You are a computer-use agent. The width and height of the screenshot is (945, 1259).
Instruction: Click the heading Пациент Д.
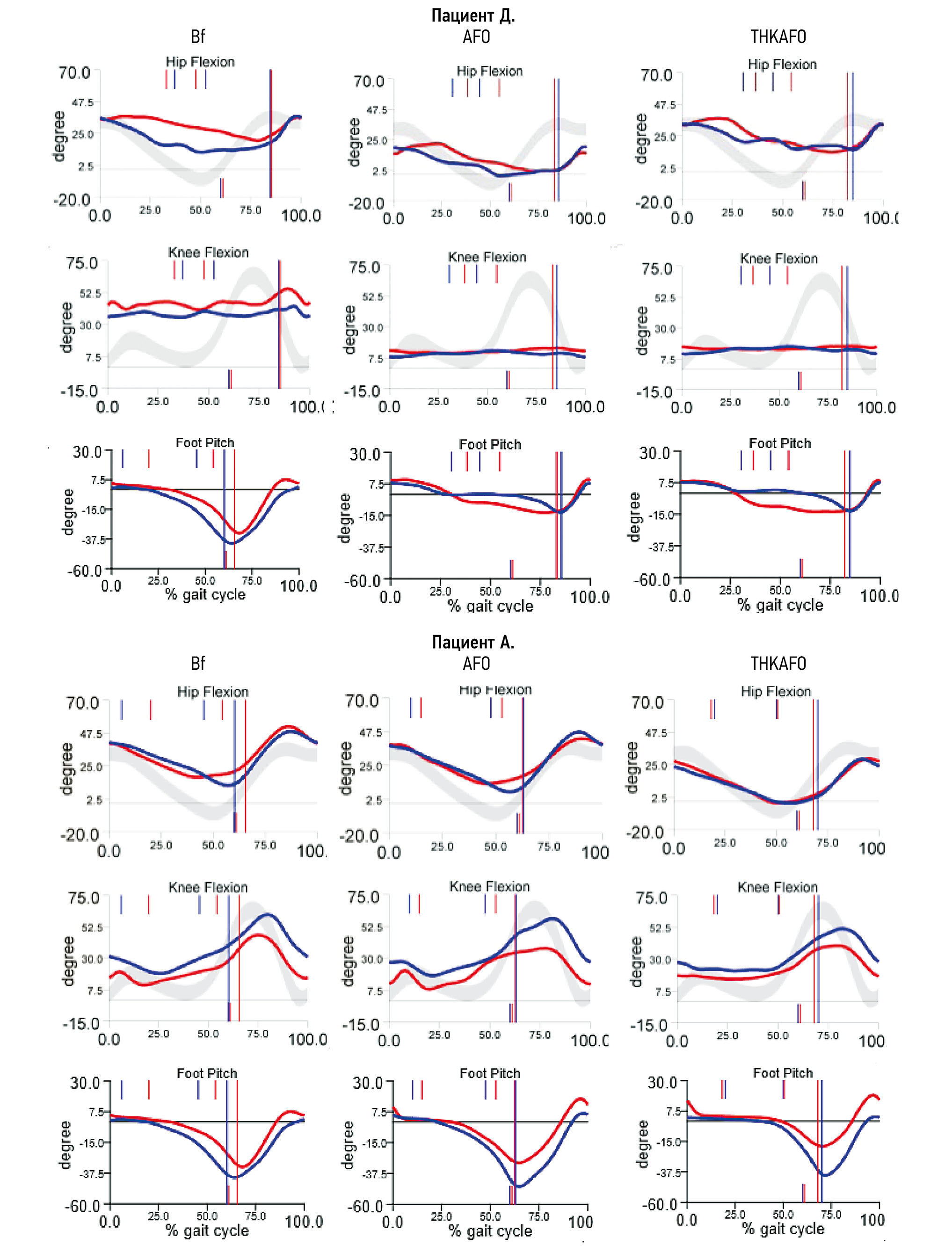(472, 15)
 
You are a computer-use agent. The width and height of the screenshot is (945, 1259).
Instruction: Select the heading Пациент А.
(472, 642)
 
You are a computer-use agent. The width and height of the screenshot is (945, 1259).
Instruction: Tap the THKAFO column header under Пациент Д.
(778, 37)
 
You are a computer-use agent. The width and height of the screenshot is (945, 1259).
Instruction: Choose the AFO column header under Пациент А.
(476, 664)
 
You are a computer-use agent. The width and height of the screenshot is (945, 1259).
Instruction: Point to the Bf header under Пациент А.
(197, 664)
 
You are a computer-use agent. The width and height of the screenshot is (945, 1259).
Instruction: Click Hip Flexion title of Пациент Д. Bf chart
(200, 62)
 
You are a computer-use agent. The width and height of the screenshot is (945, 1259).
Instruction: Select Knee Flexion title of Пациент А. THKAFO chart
(777, 887)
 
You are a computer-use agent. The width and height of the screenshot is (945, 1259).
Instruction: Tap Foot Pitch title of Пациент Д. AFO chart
(490, 444)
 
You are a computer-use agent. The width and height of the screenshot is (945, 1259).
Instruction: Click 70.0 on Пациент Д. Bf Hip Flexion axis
(74, 73)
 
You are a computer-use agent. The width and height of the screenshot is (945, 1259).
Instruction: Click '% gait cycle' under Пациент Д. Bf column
(205, 595)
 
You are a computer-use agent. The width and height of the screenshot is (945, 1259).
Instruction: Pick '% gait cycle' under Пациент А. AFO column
(490, 1230)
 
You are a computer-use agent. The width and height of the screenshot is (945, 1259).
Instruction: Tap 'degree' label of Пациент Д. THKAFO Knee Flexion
(642, 331)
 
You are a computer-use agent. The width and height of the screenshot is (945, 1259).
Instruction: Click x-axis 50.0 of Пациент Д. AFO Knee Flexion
(487, 401)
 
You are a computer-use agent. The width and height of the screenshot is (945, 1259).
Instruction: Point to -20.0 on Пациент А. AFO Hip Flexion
(359, 836)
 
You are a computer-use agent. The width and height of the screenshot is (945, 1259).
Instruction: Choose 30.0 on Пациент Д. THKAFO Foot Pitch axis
(654, 453)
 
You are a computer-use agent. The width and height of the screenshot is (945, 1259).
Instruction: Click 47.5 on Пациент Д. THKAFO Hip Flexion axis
(665, 105)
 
